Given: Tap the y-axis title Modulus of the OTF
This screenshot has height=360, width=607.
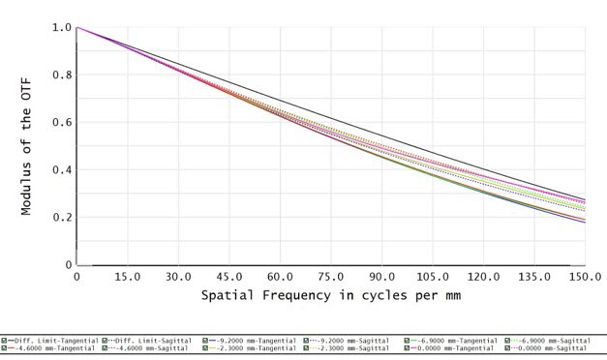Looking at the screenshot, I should click(28, 145).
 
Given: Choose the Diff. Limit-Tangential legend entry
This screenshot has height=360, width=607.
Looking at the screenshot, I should click(52, 341).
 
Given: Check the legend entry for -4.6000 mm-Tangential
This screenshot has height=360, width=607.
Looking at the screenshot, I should click(52, 347).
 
